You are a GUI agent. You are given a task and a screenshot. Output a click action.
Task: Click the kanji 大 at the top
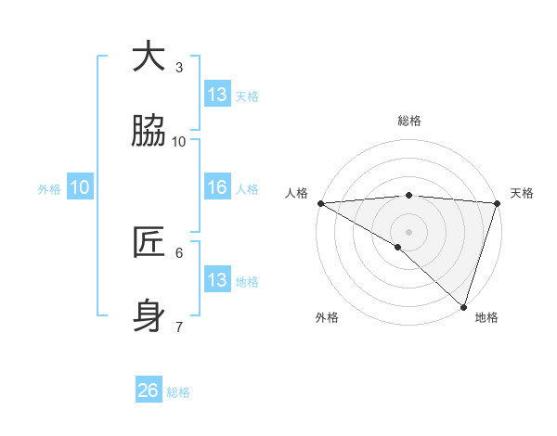[x=149, y=58]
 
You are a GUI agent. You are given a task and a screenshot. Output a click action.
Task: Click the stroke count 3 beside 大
[x=179, y=67]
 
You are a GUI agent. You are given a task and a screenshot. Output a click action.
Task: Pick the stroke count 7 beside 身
[x=179, y=327]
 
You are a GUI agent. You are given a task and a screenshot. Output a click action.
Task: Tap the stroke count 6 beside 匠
[x=179, y=252]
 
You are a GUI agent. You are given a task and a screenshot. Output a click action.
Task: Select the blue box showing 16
[x=217, y=187]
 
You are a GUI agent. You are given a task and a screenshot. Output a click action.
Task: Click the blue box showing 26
[x=149, y=391]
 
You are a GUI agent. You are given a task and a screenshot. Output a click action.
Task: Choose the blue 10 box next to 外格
[x=80, y=187]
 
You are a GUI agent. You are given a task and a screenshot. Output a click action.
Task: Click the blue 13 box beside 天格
[x=217, y=95]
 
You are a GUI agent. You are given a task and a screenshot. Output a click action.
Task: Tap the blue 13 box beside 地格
[x=217, y=280]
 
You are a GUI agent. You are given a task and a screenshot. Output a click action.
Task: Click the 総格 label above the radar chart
[x=408, y=121]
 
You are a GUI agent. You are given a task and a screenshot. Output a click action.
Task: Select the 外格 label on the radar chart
[x=327, y=318]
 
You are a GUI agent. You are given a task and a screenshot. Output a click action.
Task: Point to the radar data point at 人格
[x=320, y=203]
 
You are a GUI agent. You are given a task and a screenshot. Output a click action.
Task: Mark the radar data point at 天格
[x=498, y=203]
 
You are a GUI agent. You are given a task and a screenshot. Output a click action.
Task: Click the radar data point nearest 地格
[x=463, y=306]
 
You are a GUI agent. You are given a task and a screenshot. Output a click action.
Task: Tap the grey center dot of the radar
[x=408, y=230]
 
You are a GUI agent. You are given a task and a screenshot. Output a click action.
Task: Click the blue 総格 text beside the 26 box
[x=178, y=392]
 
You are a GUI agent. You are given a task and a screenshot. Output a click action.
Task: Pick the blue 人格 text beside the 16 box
[x=247, y=189]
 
